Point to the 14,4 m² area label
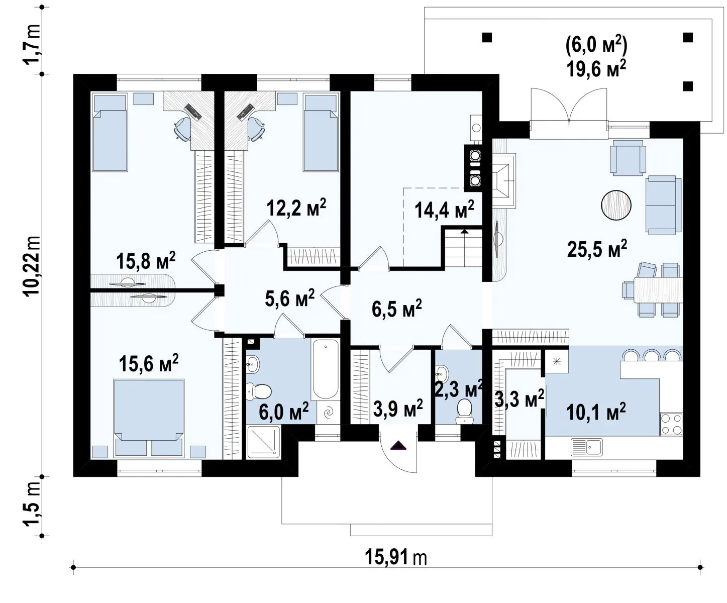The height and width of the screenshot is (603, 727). pos(444,210)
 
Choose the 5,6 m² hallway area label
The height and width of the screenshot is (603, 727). pos(290,298)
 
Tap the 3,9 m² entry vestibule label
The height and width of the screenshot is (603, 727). pos(398,408)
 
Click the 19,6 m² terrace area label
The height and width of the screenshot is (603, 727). pos(596,69)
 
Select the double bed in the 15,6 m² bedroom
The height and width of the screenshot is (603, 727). pos(149,418)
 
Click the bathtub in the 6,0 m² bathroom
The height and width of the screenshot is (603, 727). pos(325,369)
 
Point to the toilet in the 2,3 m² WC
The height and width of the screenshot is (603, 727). pos(464,411)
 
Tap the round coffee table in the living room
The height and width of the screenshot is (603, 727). pos(616,205)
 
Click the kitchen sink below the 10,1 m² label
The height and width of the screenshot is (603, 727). pos(586,447)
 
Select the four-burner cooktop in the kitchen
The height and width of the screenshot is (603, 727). pos(671,424)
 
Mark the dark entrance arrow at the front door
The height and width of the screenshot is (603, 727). pos(398,446)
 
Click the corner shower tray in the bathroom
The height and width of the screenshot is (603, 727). pos(263,442)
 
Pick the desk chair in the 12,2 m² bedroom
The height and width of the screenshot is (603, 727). pos(256,129)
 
